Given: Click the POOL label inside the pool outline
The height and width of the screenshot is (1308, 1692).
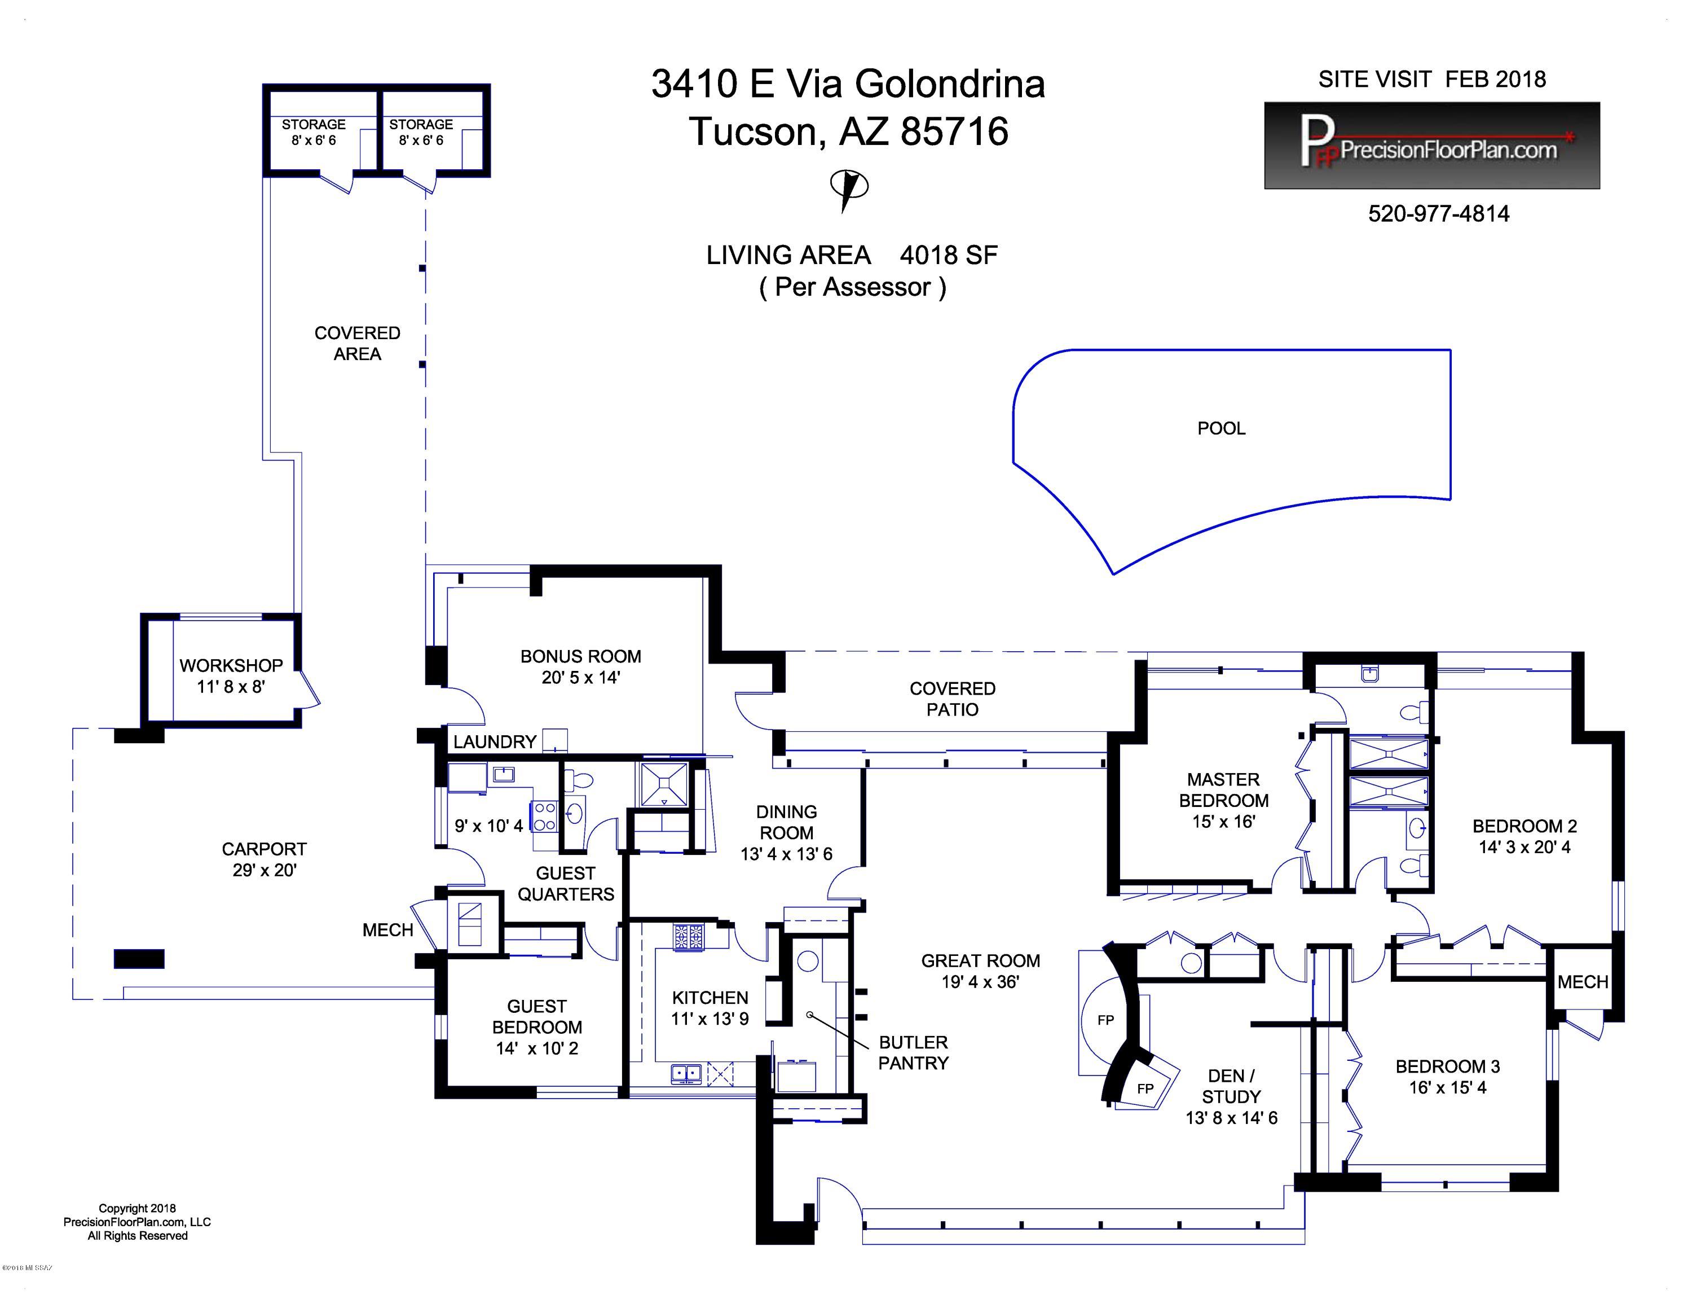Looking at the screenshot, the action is (1221, 428).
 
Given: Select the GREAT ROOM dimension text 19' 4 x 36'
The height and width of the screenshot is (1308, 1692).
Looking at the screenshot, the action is (980, 982).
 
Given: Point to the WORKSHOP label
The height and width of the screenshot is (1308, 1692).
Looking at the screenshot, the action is (231, 666).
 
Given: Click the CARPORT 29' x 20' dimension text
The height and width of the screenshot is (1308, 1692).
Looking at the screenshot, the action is (264, 870).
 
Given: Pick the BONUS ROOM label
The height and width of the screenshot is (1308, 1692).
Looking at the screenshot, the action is (580, 656).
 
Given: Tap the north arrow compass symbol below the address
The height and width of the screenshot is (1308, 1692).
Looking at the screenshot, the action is (848, 189).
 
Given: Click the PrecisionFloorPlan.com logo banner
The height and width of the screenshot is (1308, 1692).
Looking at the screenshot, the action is (1431, 146).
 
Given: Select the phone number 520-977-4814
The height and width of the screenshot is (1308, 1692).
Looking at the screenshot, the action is (1439, 214).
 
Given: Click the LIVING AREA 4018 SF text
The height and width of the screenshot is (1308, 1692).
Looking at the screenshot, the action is (852, 255).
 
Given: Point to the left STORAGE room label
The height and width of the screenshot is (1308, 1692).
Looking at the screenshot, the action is (313, 124).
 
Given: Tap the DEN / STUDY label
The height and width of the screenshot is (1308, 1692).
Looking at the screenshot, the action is (1231, 1086).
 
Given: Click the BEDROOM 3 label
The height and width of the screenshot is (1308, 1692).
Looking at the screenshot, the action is (1447, 1066).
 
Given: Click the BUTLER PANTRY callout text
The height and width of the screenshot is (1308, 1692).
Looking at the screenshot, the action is (914, 1052).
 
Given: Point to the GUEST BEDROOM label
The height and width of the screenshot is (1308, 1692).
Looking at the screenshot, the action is (537, 1017).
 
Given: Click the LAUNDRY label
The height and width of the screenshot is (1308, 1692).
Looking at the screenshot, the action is (494, 741).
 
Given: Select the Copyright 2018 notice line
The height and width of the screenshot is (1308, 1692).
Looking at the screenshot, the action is (137, 1208).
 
